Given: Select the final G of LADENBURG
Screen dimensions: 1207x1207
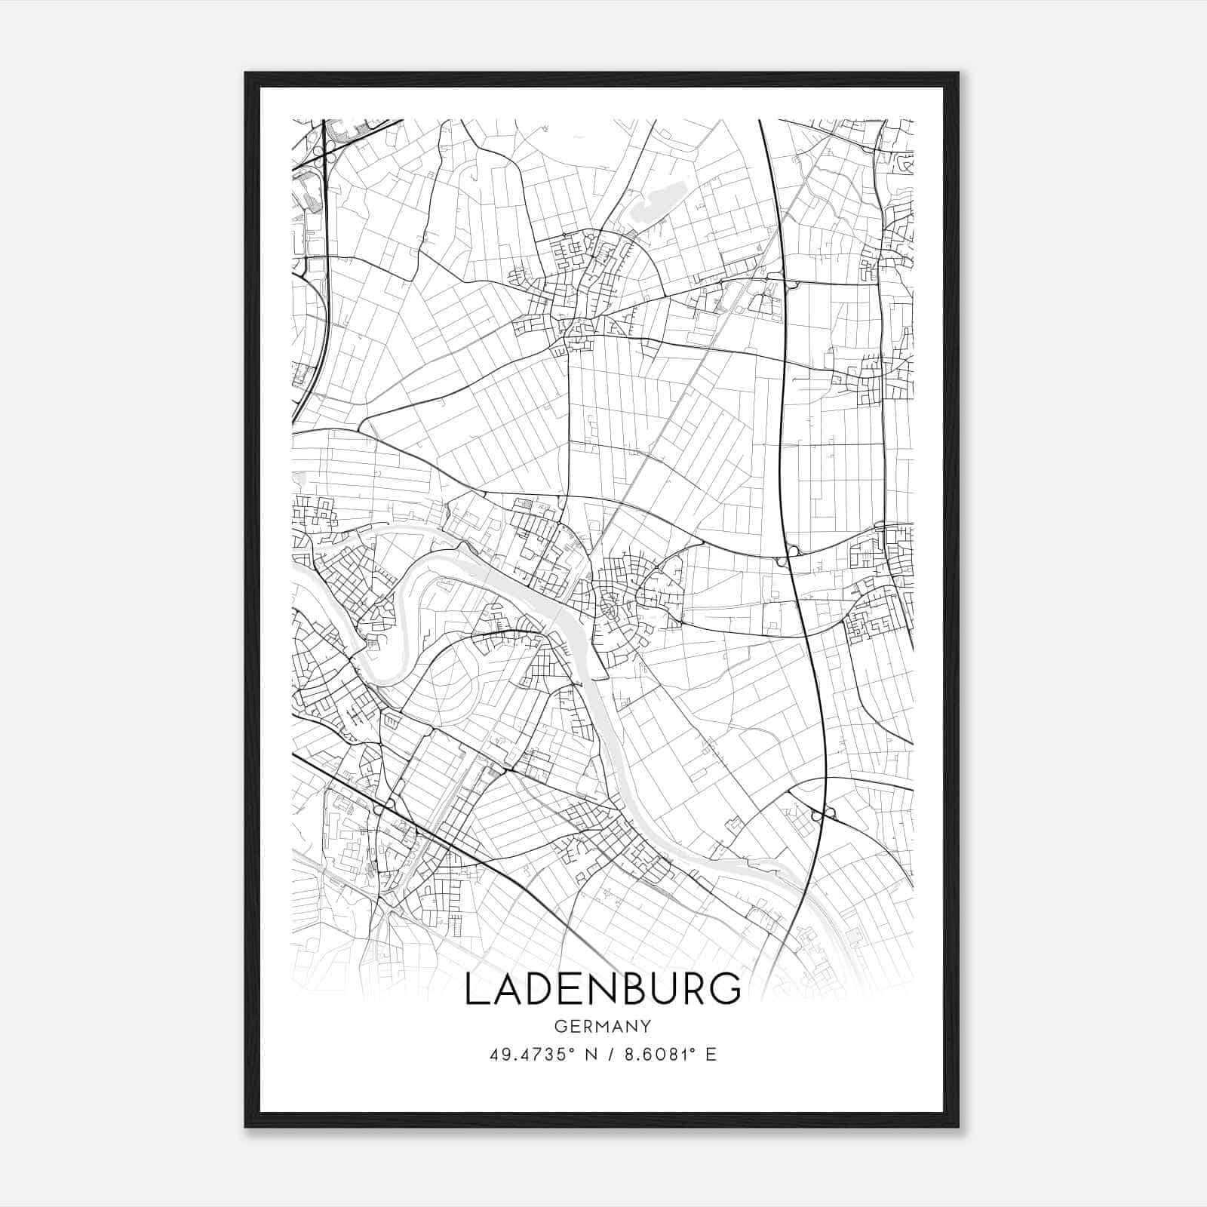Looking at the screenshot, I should tap(726, 990).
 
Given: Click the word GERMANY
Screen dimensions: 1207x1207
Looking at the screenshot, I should tap(603, 1027).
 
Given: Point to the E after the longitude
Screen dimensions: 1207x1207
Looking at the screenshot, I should tap(711, 1054).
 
